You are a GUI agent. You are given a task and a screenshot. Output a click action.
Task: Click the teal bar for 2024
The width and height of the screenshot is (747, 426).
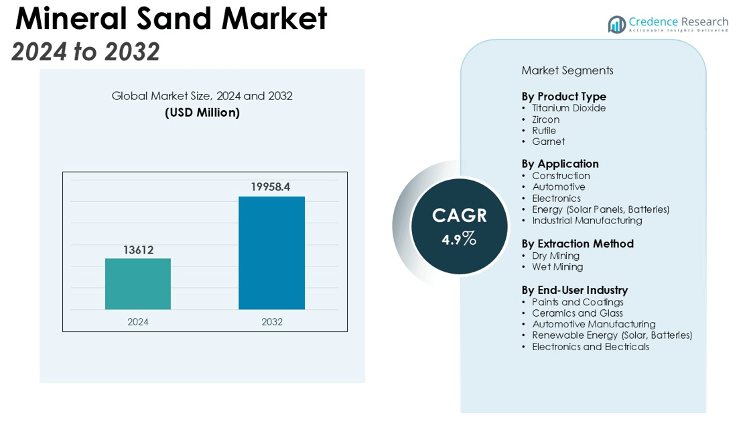[138, 284]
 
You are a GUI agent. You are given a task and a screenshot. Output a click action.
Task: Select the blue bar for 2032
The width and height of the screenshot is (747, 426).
[272, 253]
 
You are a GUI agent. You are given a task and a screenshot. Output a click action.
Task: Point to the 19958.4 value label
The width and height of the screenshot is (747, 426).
[271, 187]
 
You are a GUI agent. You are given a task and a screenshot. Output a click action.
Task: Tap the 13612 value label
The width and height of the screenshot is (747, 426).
[138, 250]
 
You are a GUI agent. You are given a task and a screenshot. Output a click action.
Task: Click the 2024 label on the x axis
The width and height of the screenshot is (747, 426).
[138, 322]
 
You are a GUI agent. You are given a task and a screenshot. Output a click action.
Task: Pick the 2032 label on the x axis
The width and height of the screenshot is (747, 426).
[272, 322]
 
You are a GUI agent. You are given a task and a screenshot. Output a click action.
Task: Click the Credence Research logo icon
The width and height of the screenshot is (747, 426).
[616, 25]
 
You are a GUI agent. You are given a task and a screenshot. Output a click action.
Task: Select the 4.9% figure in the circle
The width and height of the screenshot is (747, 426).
[459, 238]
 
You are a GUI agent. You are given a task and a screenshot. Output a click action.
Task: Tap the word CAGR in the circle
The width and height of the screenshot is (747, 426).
[459, 215]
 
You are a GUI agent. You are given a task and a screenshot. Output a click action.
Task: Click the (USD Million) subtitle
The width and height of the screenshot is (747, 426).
[202, 113]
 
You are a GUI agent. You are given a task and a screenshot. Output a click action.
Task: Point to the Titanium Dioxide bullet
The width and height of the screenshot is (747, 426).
[569, 108]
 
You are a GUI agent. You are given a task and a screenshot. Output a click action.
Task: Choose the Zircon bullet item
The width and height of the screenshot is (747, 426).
[545, 119]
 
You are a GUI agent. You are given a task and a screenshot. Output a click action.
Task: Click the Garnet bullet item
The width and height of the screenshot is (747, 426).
[548, 142]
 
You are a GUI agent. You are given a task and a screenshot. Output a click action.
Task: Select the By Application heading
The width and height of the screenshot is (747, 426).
[560, 164]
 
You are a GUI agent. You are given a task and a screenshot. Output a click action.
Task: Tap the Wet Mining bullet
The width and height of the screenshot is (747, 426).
[557, 267]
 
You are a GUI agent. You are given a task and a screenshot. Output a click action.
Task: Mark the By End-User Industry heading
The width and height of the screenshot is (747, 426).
[575, 290]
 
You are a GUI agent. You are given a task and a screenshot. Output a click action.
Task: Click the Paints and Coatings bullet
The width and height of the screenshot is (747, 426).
[578, 302]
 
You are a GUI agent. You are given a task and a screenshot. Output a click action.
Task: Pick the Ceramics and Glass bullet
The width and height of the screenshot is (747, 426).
[578, 313]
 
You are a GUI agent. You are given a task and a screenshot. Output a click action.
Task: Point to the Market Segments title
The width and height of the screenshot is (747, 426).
[567, 70]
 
